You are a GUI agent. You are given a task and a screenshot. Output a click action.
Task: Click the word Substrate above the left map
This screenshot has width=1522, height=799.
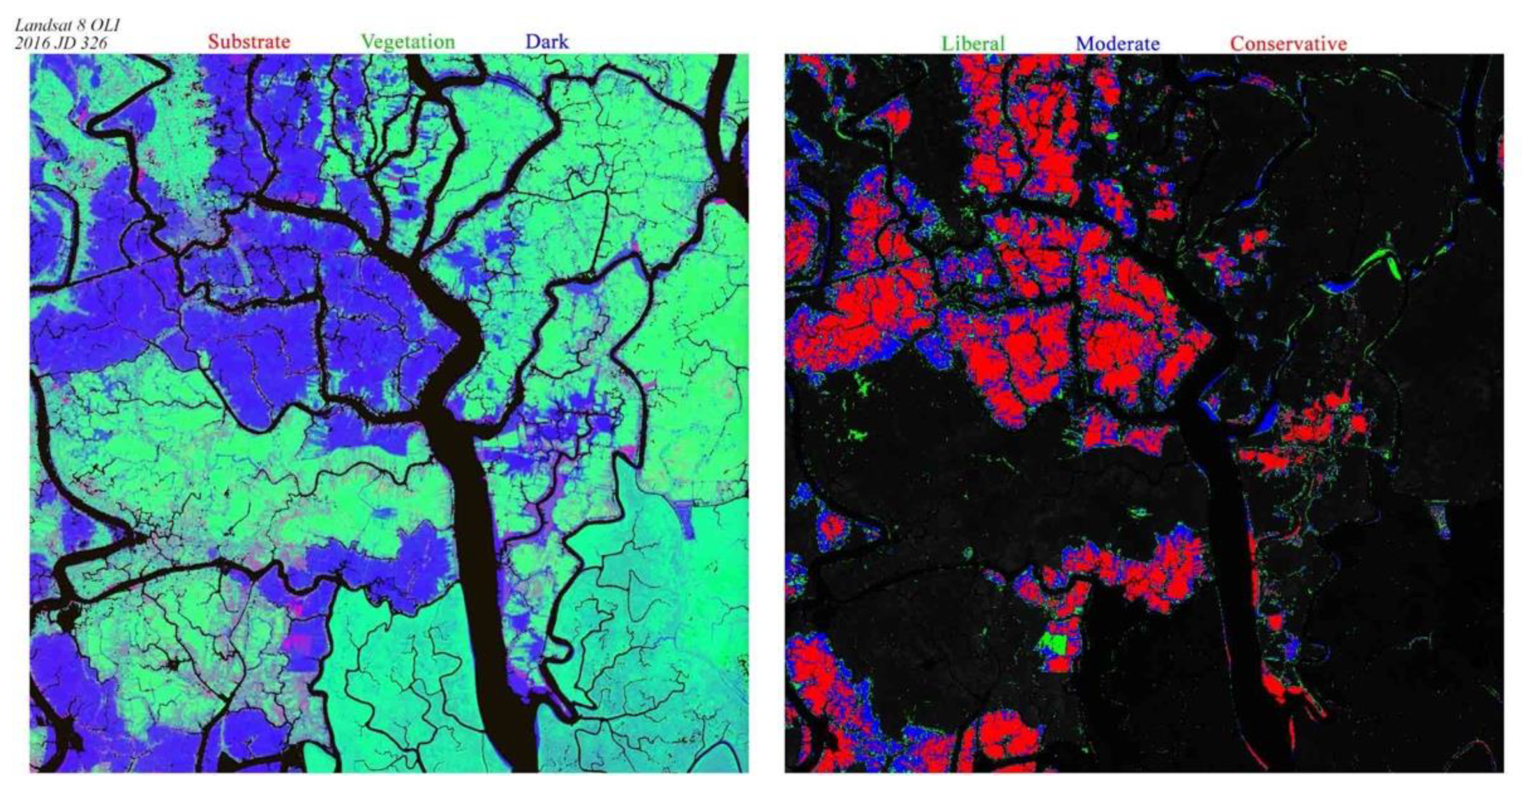click(x=249, y=42)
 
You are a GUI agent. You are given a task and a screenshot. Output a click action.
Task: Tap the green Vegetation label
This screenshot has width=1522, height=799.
click(x=408, y=42)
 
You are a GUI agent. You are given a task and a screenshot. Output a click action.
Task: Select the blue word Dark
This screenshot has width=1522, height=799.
click(x=546, y=42)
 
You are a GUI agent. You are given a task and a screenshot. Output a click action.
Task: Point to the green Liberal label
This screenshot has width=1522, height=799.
click(x=973, y=44)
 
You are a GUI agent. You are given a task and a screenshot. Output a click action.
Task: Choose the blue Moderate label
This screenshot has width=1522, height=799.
click(x=1117, y=44)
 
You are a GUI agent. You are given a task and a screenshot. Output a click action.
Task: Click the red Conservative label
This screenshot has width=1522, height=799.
click(x=1288, y=44)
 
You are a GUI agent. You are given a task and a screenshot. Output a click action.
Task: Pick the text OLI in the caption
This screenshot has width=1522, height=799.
click(x=106, y=26)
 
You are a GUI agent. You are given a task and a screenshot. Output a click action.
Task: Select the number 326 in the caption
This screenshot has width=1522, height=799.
click(x=93, y=43)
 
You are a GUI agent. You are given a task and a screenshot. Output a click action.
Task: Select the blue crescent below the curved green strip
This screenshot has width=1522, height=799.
click(x=1338, y=287)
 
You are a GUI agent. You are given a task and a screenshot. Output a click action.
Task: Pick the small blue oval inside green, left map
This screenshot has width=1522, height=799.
click(x=387, y=512)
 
